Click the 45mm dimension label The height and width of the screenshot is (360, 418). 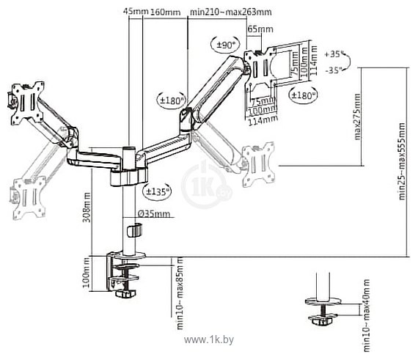pos(136,11)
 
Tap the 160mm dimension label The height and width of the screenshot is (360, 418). pos(166,12)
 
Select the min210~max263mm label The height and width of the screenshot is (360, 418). pos(231,12)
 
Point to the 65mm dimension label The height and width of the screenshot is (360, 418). pos(260,29)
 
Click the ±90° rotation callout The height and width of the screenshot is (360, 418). pos(226,44)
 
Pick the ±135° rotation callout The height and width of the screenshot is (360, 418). pos(157,191)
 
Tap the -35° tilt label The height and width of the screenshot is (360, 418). pos(333,70)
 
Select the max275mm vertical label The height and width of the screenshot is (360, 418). pos(357,117)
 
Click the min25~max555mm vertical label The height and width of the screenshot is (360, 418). pos(401,161)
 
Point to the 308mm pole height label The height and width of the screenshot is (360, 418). pos(87,207)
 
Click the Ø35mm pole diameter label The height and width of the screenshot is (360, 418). pos(154,213)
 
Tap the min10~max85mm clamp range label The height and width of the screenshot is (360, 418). pos(180,293)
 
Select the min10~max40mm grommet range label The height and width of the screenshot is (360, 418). pos(367,316)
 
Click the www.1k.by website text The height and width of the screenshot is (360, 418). pos(209,339)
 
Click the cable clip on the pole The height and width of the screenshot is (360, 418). pos(135,230)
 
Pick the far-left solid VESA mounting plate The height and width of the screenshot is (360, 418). pos(27,103)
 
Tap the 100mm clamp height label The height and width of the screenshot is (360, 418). pos(86,274)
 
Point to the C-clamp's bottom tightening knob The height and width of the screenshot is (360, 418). pos(125,294)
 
